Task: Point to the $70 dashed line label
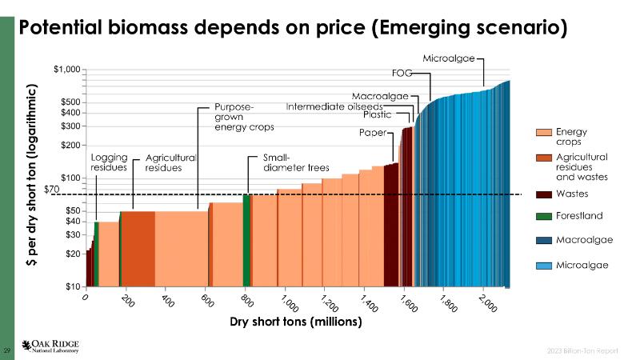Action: click(x=51, y=190)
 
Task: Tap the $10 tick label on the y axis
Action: click(x=72, y=286)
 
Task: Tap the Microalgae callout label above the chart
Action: click(x=449, y=58)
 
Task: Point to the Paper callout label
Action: click(x=372, y=133)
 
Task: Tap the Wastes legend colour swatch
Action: click(x=543, y=194)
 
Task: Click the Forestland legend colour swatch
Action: click(x=543, y=216)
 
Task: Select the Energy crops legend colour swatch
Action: click(x=543, y=132)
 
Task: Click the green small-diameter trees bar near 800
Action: click(x=247, y=240)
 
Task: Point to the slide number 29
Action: click(x=7, y=350)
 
